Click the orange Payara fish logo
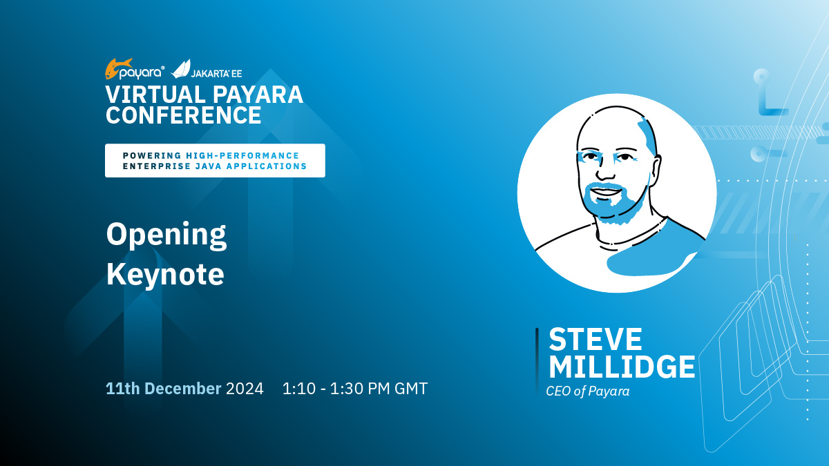tap(118, 69)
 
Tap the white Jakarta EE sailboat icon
tap(180, 69)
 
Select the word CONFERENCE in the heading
tap(184, 115)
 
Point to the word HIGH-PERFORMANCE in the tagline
tap(242, 156)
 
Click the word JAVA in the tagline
tap(207, 166)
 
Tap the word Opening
tap(166, 235)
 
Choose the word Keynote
tap(165, 274)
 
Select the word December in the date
tap(183, 388)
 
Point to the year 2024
tap(245, 388)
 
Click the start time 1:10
tap(299, 388)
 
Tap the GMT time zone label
tap(411, 388)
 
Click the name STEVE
tap(595, 339)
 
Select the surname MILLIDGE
tap(622, 367)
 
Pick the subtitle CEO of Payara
tap(588, 391)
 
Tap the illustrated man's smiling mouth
tap(607, 193)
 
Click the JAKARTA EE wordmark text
tap(216, 73)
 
